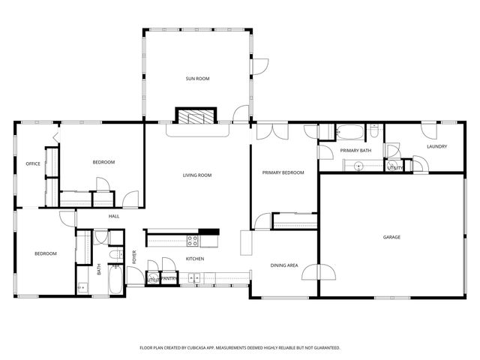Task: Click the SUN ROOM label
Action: point(196,78)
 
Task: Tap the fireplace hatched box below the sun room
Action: point(196,115)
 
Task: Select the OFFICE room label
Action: point(32,163)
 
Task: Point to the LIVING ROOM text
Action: point(197,175)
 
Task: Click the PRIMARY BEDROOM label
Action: point(283,172)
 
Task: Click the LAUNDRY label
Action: point(436,146)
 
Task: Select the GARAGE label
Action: point(391,237)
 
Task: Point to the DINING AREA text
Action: point(284,265)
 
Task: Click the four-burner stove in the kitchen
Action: point(193,241)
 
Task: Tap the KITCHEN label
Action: point(195,259)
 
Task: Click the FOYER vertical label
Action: point(135,257)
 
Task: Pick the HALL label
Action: point(114,216)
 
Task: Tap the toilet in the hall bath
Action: point(113,256)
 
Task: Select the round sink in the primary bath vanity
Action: point(358,166)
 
